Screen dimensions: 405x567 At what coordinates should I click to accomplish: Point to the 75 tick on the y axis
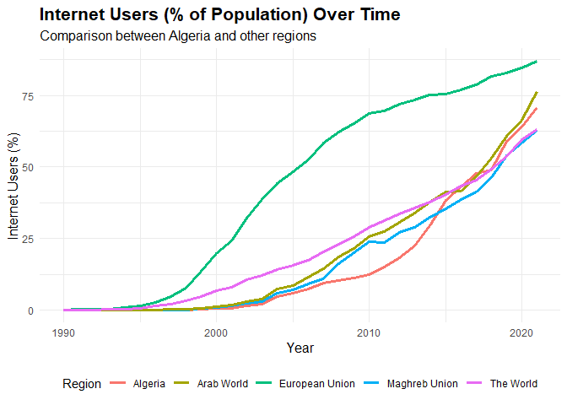(x=28, y=96)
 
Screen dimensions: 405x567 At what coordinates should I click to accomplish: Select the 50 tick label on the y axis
(x=28, y=167)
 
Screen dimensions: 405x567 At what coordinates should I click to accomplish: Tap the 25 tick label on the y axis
(x=28, y=239)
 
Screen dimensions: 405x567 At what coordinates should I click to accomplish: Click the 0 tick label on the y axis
(x=30, y=310)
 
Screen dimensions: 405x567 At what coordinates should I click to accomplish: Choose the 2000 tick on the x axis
(x=216, y=333)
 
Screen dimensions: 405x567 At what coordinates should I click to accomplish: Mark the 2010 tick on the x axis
(x=369, y=333)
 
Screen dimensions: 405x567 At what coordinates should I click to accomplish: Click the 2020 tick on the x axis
(x=521, y=333)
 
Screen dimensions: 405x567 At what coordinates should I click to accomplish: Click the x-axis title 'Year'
(x=300, y=348)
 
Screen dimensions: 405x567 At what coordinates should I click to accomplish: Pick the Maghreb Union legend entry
(x=411, y=384)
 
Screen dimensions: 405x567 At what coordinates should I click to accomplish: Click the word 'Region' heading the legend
(x=81, y=384)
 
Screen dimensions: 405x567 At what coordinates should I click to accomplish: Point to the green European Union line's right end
(x=537, y=62)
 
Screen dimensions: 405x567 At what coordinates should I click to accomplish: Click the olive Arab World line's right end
(x=537, y=92)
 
